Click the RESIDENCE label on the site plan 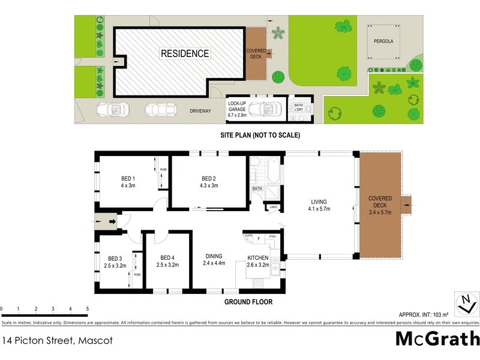(x=185, y=53)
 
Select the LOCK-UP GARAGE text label (x=237, y=107)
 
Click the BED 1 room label (x=128, y=182)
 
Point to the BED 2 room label (x=208, y=182)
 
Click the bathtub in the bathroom (x=275, y=170)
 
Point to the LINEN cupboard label (x=274, y=208)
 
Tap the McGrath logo (x=437, y=339)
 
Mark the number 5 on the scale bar (x=88, y=308)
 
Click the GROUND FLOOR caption (x=248, y=302)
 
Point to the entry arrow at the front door (x=112, y=222)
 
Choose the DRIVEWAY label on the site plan (x=200, y=112)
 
